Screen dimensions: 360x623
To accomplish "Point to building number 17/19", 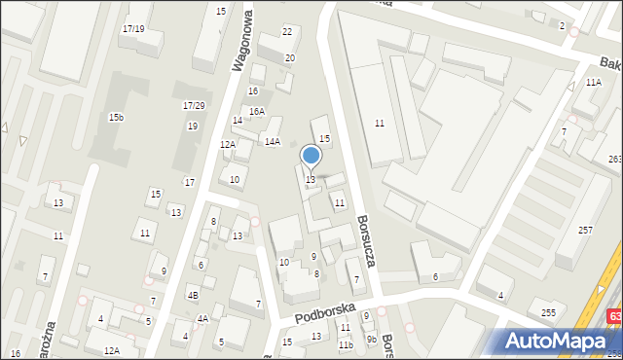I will pyautogui.click(x=133, y=29).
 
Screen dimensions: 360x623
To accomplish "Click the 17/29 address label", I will pyautogui.click(x=194, y=105).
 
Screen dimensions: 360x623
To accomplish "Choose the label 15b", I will pyautogui.click(x=116, y=117).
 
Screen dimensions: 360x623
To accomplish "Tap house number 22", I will pyautogui.click(x=287, y=32).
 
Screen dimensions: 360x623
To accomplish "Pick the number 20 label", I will pyautogui.click(x=289, y=58).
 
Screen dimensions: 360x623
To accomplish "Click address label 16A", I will pyautogui.click(x=256, y=112).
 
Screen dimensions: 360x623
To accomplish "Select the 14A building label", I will pyautogui.click(x=273, y=142).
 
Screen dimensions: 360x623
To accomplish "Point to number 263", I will pyautogui.click(x=614, y=159).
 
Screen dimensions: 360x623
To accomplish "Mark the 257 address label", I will pyautogui.click(x=585, y=230).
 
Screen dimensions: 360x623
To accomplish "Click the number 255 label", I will pyautogui.click(x=548, y=312).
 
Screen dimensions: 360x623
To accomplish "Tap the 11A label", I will pyautogui.click(x=594, y=84).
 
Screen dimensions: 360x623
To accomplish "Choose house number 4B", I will pyautogui.click(x=194, y=295).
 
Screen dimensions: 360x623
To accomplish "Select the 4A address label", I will pyautogui.click(x=202, y=318).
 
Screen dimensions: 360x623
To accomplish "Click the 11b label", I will pyautogui.click(x=345, y=344).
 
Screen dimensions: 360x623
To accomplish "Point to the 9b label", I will pyautogui.click(x=371, y=339).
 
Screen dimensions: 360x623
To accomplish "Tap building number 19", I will pyautogui.click(x=193, y=126).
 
